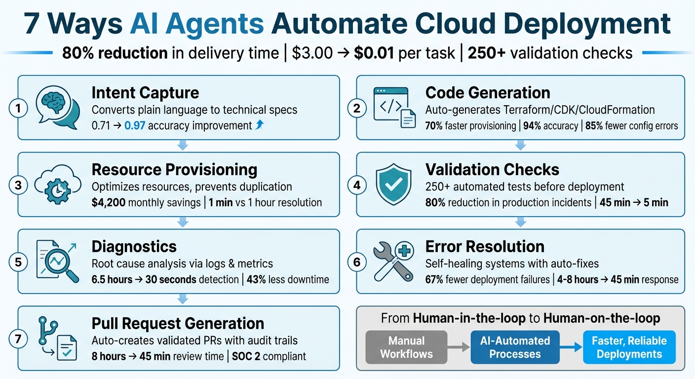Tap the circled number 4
tap(357, 186)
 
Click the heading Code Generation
tap(488, 93)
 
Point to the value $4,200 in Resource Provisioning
tap(108, 202)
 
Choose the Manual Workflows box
tap(406, 347)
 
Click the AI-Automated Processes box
tap(515, 347)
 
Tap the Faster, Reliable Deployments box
tap(629, 347)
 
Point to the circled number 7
tap(18, 339)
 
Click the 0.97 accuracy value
tap(135, 125)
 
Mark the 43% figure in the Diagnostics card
tap(259, 279)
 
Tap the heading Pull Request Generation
tap(178, 324)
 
